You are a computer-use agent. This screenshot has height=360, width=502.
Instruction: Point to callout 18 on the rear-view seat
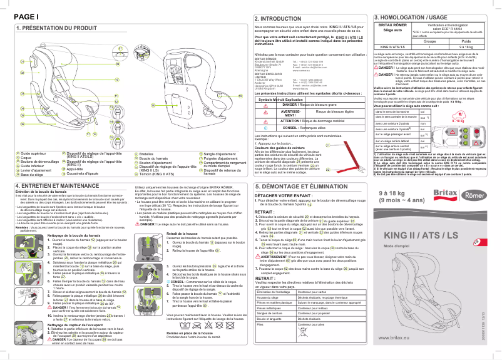152,104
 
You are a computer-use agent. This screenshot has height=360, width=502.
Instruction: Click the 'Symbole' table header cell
267,100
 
